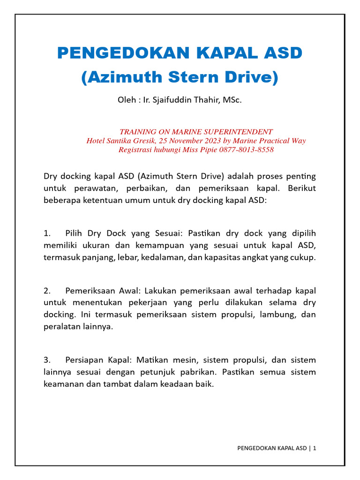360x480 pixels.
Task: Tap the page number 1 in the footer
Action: coord(315,448)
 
